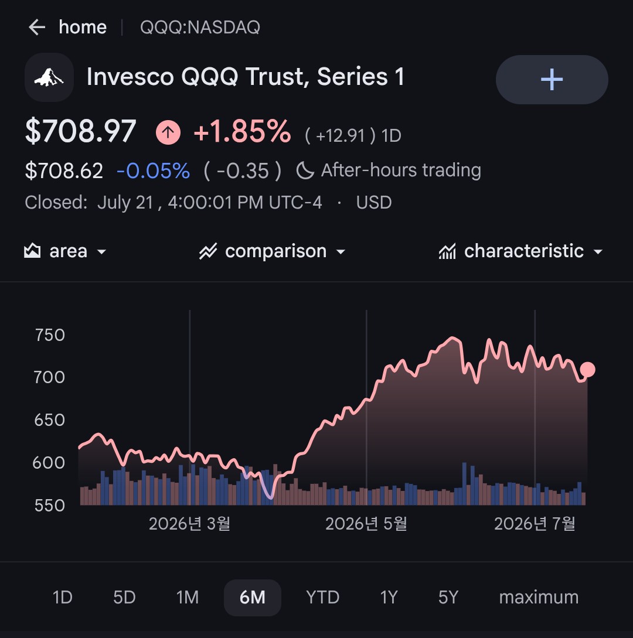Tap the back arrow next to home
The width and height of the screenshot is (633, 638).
(x=37, y=28)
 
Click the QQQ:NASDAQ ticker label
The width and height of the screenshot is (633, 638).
(x=200, y=28)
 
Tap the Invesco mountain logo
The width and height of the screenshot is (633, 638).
(x=49, y=77)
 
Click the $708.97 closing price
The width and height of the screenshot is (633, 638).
(x=81, y=131)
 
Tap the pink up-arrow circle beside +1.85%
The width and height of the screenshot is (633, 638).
(x=168, y=132)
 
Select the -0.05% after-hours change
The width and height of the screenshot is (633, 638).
(x=153, y=170)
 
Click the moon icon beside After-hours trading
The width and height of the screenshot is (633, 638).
(x=305, y=170)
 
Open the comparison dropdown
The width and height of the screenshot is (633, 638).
(x=273, y=251)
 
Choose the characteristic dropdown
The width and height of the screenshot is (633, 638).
(x=520, y=251)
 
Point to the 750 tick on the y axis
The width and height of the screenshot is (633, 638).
(x=50, y=335)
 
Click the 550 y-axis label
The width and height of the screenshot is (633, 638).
(x=50, y=506)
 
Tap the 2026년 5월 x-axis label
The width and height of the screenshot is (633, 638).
(x=366, y=524)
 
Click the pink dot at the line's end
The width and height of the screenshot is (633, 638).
(x=587, y=370)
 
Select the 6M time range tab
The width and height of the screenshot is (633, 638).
(x=253, y=598)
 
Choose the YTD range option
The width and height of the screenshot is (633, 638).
(x=323, y=598)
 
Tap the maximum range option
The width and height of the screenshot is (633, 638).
(x=539, y=598)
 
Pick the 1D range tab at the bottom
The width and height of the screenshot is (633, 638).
(x=63, y=598)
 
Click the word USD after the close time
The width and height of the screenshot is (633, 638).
(x=374, y=202)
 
